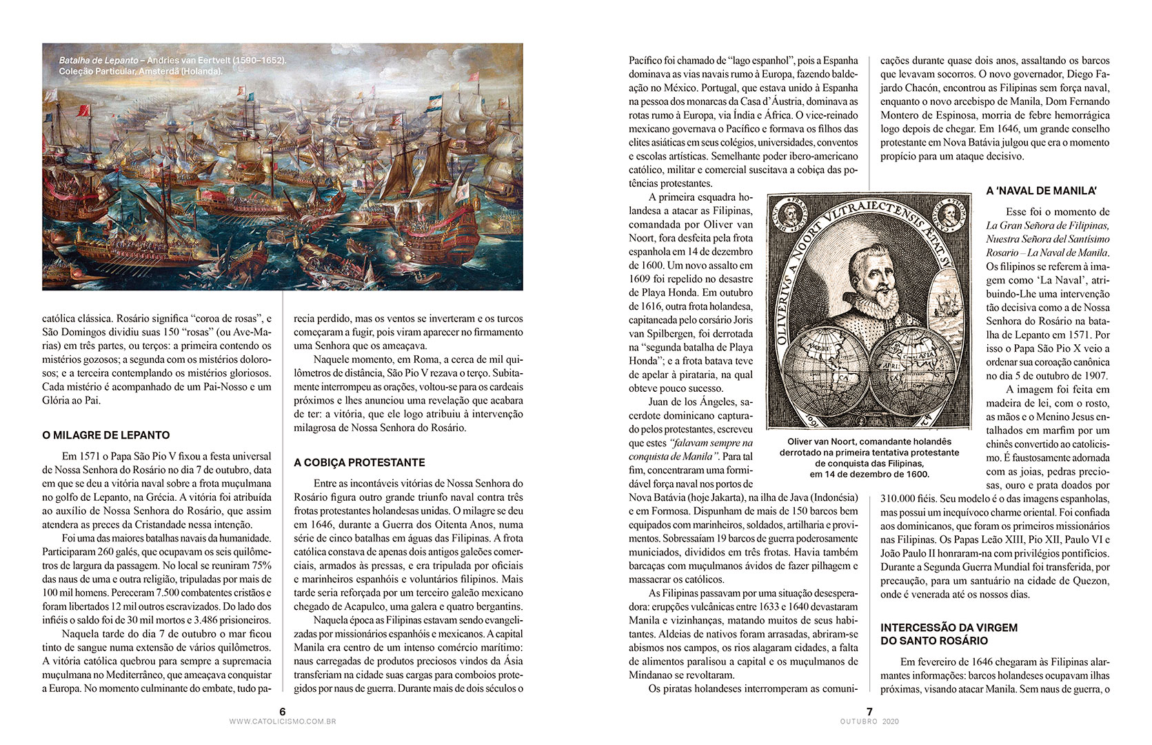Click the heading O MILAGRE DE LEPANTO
[105, 435]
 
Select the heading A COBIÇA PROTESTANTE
[359, 462]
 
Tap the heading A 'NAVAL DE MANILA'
[1041, 190]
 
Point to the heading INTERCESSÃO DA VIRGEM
[949, 627]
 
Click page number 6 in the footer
[283, 711]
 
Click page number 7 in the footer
[869, 711]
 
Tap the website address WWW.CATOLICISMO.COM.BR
[283, 722]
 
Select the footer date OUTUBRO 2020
[869, 722]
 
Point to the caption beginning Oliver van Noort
[869, 457]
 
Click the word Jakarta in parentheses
[722, 497]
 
